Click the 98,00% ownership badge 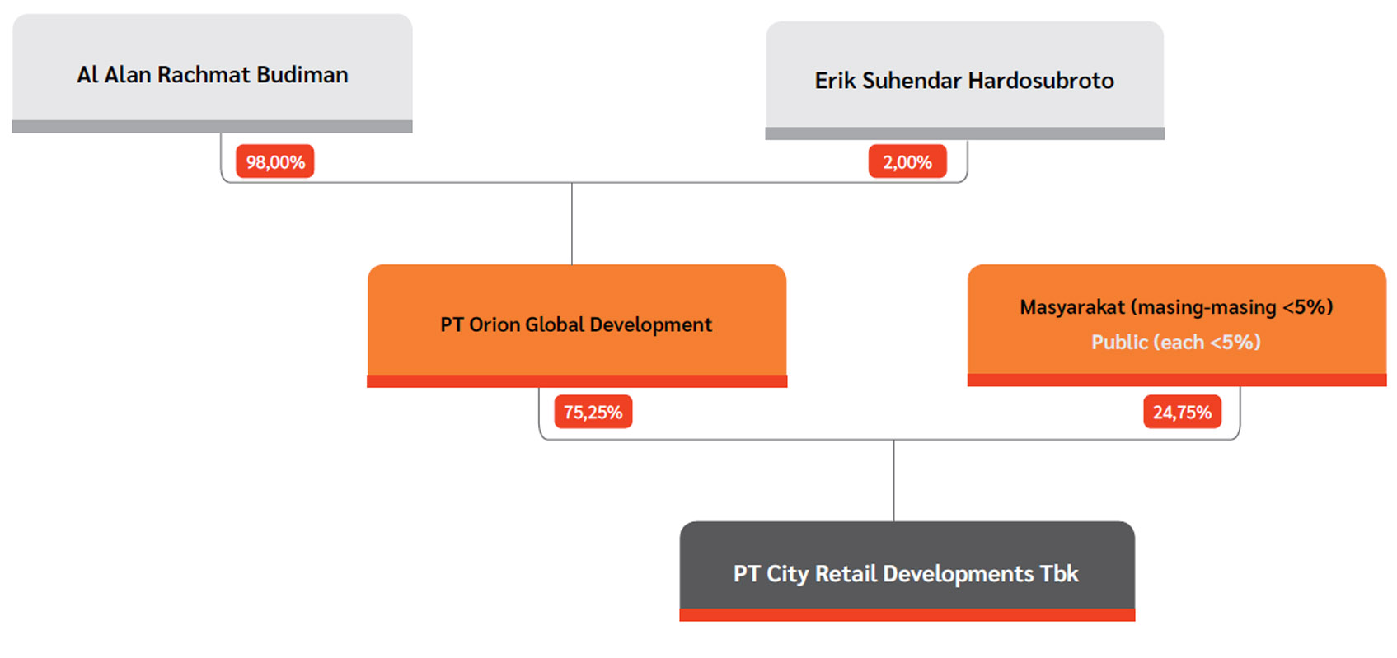[275, 161]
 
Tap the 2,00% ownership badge [907, 161]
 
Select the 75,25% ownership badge [593, 412]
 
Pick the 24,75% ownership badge [1182, 412]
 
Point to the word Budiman [302, 75]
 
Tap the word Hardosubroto [1041, 81]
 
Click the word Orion [496, 324]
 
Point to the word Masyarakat [1072, 307]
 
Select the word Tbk [1060, 574]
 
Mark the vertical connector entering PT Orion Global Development [572, 224]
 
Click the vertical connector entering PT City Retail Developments [893, 480]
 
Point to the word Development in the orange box [650, 324]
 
